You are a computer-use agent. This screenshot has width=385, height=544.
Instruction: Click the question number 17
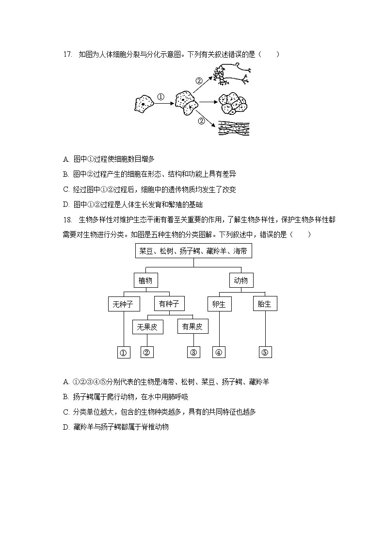(67, 54)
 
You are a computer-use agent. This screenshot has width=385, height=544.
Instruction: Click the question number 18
(67, 220)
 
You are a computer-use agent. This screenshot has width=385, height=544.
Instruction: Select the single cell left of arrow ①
(144, 103)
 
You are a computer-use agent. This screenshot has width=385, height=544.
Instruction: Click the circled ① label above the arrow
(161, 96)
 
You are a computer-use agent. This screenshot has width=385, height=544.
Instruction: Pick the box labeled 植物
(145, 280)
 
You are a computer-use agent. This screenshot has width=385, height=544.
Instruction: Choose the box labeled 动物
(241, 280)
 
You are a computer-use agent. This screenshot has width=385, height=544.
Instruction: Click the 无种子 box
(124, 304)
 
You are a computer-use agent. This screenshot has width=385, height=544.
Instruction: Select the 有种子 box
(169, 304)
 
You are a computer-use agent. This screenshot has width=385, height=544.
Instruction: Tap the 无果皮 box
(147, 327)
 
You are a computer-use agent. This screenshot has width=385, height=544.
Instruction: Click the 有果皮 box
(192, 327)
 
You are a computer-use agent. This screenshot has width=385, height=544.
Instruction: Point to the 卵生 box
(219, 304)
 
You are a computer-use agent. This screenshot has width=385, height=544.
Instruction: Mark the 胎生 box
(265, 304)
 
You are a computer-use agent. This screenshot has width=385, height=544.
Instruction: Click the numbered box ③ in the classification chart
(193, 353)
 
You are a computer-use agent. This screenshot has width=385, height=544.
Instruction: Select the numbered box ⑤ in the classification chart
(265, 353)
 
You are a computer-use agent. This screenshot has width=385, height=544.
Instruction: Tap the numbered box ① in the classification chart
(124, 353)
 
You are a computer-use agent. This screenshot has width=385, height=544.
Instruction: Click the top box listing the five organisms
(193, 251)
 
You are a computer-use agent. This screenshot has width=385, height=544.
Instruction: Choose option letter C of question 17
(66, 189)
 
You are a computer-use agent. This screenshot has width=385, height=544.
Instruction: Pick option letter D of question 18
(66, 427)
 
